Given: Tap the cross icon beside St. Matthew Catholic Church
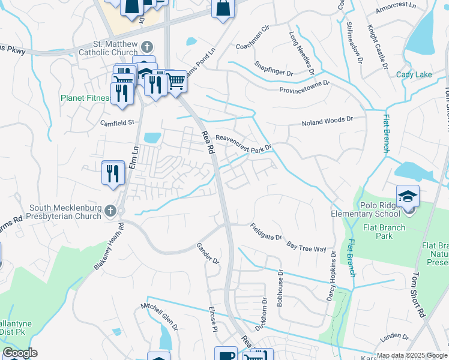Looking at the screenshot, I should pos(146,47).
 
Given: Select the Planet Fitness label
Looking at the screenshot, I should pos(85,98).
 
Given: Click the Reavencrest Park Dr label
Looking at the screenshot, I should pos(244,142).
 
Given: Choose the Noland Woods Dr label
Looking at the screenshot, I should pos(328,122).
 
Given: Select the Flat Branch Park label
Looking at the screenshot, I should pos(384,232).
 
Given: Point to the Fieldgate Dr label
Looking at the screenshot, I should pos(266,232).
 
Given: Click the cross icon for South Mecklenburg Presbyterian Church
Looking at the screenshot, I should pos(109,211).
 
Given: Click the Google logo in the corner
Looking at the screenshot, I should pos(20,353).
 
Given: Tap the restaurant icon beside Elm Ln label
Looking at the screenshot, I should pos(113,173).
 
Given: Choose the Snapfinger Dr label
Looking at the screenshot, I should pos(274,67).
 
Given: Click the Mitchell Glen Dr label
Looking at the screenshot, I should pos(160,316).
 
